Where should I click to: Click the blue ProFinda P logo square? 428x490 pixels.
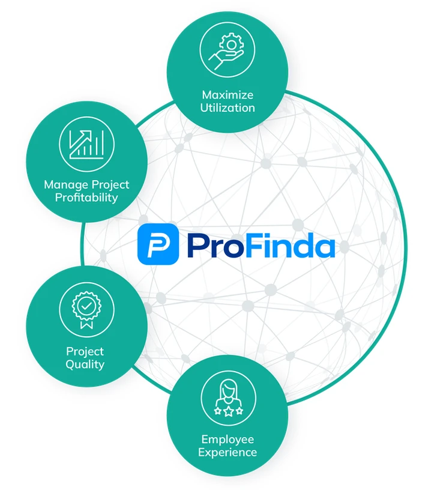158,244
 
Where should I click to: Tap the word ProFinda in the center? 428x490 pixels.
260,244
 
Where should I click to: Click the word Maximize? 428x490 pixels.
228,95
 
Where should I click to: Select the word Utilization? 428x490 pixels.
228,108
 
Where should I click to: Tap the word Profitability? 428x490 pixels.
86,198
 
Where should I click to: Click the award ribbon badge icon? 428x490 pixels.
86,310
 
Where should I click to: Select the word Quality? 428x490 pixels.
85,364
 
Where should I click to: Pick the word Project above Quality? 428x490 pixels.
85,351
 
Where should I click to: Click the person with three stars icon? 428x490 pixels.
228,398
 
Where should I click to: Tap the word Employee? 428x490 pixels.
228,439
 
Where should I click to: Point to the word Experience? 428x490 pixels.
228,452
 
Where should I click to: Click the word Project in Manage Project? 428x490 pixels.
109,184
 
